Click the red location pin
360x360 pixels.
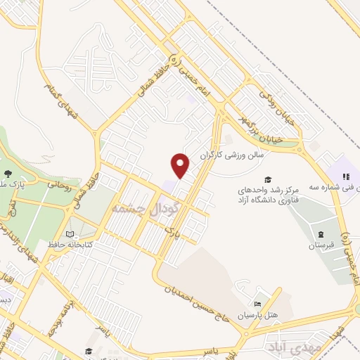(x=181, y=165)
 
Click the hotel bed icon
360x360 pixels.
(x=257, y=304)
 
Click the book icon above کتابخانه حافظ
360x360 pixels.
(x=69, y=234)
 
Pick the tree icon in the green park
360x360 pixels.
(x=8, y=172)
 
